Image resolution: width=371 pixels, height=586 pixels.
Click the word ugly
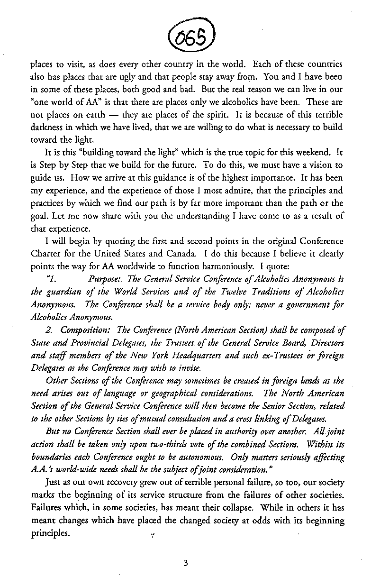point(130,76)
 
